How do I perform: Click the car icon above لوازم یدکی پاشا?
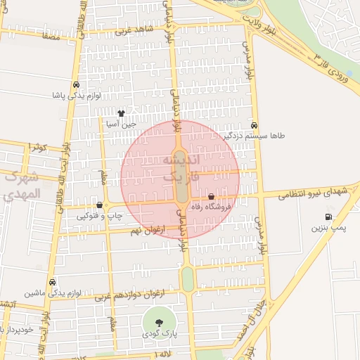[x=75, y=85]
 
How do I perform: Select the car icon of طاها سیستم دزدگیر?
[x=254, y=124]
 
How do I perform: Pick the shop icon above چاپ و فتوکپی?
[x=99, y=205]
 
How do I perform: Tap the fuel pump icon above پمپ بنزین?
[x=328, y=217]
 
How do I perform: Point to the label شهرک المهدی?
[x=21, y=186]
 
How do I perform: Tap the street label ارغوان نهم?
[x=147, y=229]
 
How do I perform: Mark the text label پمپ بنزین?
[x=329, y=229]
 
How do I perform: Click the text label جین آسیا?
[x=120, y=124]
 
